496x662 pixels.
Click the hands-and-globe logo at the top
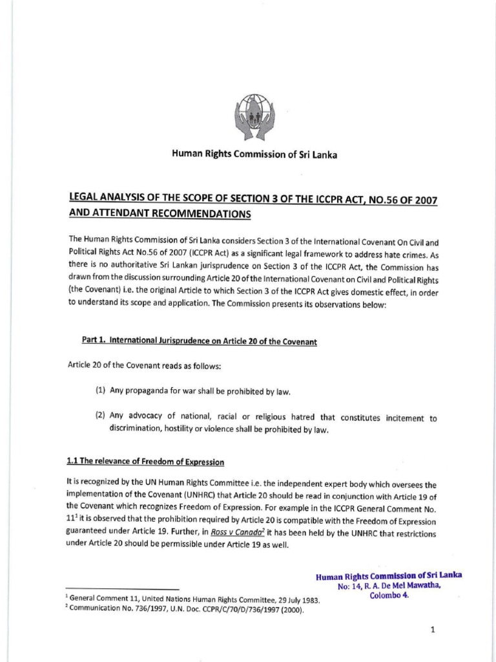click(254, 118)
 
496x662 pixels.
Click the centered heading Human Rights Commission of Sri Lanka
click(254, 155)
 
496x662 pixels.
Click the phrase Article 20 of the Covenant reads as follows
click(144, 366)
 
